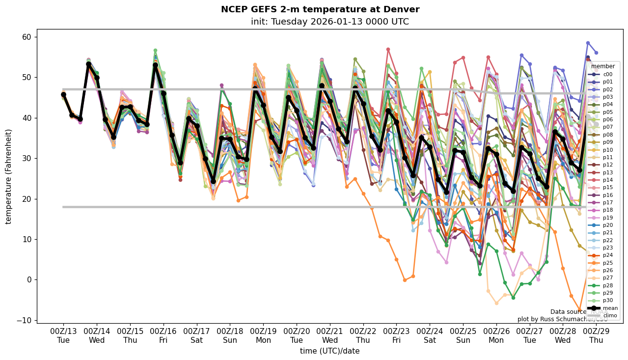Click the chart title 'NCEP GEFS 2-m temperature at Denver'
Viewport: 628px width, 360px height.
[x=320, y=9]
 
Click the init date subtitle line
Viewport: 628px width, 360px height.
[x=329, y=22]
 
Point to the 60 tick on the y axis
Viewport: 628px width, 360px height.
[x=26, y=37]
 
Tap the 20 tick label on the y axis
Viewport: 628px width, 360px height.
[x=26, y=199]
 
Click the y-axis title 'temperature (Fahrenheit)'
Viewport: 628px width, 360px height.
[x=9, y=176]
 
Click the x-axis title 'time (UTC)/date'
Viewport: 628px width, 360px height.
[x=329, y=351]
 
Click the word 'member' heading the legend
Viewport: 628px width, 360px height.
[x=602, y=66]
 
